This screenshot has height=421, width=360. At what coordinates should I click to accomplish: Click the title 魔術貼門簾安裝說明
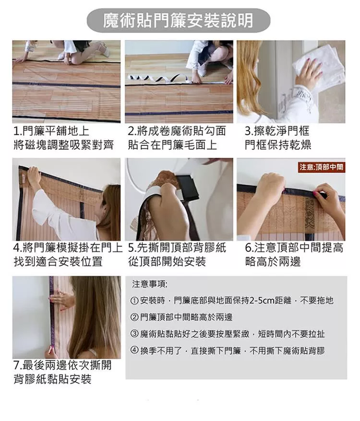pyautogui.click(x=179, y=21)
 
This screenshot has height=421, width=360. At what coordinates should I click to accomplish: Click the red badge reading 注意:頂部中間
pyautogui.click(x=321, y=167)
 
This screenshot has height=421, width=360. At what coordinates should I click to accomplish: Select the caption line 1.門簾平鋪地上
pyautogui.click(x=51, y=131)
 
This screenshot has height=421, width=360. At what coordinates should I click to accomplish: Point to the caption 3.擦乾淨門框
pyautogui.click(x=277, y=131)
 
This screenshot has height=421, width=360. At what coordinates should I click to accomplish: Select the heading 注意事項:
pyautogui.click(x=149, y=284)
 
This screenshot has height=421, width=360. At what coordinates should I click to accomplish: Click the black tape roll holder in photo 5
pyautogui.click(x=189, y=188)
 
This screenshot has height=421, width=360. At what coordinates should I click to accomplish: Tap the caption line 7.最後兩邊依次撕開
pyautogui.click(x=62, y=365)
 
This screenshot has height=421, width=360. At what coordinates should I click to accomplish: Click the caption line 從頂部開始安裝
pyautogui.click(x=167, y=261)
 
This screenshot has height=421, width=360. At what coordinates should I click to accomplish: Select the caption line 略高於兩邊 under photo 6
pyautogui.click(x=273, y=261)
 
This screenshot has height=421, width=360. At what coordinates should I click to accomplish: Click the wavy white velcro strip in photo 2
pyautogui.click(x=158, y=79)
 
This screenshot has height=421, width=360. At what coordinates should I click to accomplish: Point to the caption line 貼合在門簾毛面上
pyautogui.click(x=172, y=145)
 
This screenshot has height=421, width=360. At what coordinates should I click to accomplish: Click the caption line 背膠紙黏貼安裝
pyautogui.click(x=52, y=379)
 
